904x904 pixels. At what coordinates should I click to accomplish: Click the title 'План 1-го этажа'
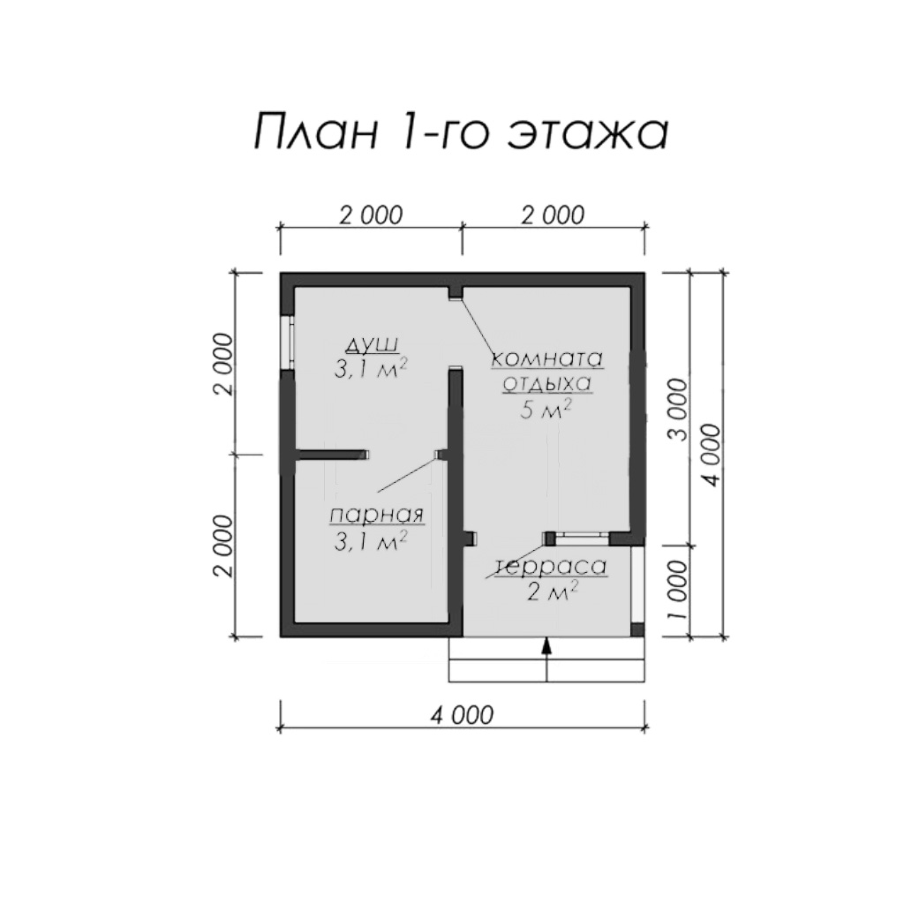coord(461,132)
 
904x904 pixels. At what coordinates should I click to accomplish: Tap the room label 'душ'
coord(372,345)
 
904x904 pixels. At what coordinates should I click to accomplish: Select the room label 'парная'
coord(377,515)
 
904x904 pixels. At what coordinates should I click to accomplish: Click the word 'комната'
coord(546,358)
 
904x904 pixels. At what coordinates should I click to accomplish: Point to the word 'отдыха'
coord(546,383)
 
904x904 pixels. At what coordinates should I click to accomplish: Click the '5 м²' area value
coord(546,410)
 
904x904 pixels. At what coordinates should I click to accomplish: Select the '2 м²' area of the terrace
coord(552,591)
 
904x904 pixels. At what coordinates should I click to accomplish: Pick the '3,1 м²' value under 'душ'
coord(371,368)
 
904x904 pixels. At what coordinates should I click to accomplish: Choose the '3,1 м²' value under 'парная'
coord(371,541)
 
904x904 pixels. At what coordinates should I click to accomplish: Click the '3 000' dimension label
coord(680,410)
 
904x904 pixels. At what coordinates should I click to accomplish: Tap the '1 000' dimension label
coord(680,590)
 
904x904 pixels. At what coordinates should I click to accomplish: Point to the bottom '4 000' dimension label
coord(462,715)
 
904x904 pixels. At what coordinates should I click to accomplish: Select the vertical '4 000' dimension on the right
coord(712,455)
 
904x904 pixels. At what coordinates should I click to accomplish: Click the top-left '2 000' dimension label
coord(371,215)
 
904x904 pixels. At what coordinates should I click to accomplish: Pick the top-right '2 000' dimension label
coord(553,215)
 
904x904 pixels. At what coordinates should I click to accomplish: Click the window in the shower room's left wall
coord(287,343)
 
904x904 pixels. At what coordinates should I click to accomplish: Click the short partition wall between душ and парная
coord(332,455)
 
